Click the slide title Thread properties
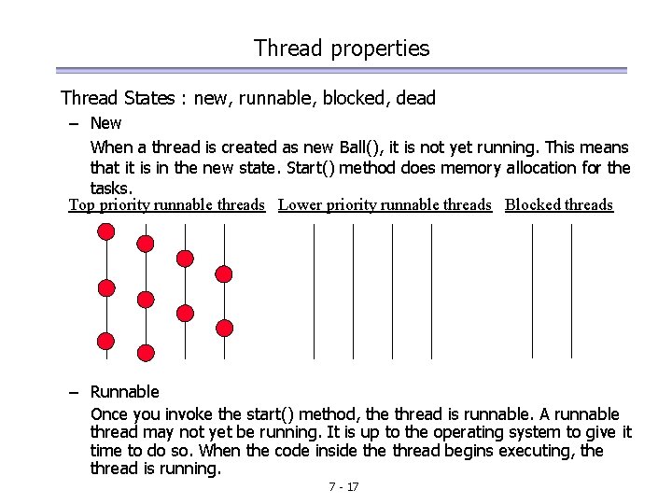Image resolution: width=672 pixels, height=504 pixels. (x=342, y=49)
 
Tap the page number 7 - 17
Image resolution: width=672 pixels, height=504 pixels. (x=343, y=487)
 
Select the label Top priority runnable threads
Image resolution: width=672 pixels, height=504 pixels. (x=167, y=204)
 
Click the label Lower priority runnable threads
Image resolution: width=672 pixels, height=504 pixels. (x=385, y=204)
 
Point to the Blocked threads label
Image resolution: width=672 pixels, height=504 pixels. (x=559, y=204)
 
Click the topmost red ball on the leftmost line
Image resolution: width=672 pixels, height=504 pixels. (x=107, y=235)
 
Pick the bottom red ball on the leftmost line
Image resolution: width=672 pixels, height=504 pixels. (x=106, y=340)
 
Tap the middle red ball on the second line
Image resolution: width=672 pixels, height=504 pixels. (x=146, y=300)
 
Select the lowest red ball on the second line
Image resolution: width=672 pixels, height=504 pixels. (x=146, y=353)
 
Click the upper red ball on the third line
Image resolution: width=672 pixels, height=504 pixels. (x=186, y=258)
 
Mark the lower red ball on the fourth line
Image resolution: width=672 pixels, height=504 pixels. (x=224, y=328)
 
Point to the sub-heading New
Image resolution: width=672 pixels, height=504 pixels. (x=105, y=123)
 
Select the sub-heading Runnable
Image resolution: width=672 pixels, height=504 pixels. (x=124, y=392)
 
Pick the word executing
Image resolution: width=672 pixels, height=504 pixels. (x=528, y=451)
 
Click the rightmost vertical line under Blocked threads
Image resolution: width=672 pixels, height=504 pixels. (x=571, y=290)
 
